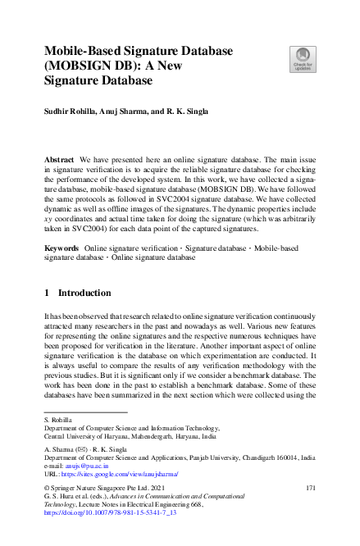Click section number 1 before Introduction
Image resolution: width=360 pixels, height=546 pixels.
click(x=47, y=293)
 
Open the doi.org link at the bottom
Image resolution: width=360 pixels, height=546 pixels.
click(x=99, y=514)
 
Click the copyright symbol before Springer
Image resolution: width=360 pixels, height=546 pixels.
click(x=46, y=489)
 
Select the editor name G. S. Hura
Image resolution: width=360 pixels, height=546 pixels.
click(x=58, y=498)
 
